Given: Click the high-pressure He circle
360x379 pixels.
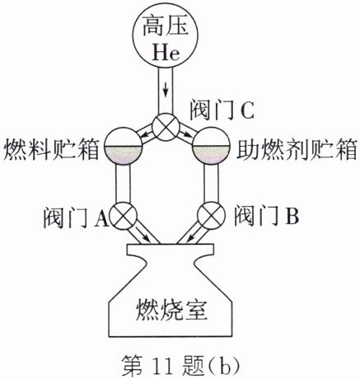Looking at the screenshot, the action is pyautogui.click(x=166, y=35).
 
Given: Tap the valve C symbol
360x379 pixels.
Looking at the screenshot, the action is pyautogui.click(x=166, y=128).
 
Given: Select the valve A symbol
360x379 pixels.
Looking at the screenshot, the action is pyautogui.click(x=123, y=216).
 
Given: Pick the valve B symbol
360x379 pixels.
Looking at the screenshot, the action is pyautogui.click(x=212, y=216).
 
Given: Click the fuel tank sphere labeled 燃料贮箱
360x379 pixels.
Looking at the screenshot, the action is pyautogui.click(x=124, y=146).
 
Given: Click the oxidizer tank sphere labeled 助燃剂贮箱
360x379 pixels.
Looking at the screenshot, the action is pyautogui.click(x=211, y=146).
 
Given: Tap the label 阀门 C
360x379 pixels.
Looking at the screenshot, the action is pyautogui.click(x=222, y=111).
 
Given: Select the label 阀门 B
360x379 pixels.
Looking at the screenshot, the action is pyautogui.click(x=266, y=216).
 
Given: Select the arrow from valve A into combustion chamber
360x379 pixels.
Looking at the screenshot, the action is pyautogui.click(x=143, y=236).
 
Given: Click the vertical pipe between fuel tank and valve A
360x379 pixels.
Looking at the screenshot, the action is pyautogui.click(x=123, y=184).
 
